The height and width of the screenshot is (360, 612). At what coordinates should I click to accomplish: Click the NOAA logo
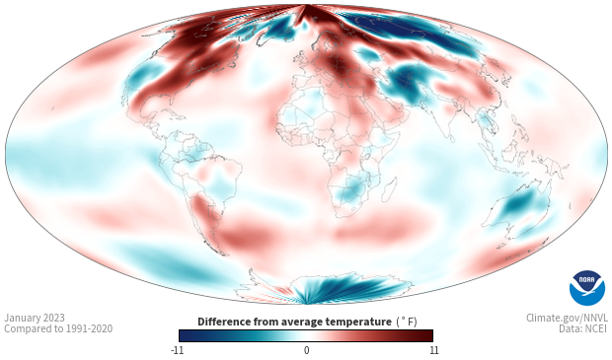pyautogui.click(x=587, y=288)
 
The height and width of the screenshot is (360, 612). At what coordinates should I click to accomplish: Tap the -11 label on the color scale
pyautogui.click(x=178, y=350)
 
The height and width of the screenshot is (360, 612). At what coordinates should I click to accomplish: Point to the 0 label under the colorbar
pyautogui.click(x=306, y=350)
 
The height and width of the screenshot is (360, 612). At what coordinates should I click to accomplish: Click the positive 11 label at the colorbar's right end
pyautogui.click(x=433, y=350)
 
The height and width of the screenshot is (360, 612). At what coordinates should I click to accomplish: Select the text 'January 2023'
pyautogui.click(x=35, y=318)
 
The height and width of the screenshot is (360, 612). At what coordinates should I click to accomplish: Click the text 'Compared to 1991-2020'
pyautogui.click(x=58, y=328)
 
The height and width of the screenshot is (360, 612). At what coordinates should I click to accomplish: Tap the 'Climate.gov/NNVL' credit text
pyautogui.click(x=567, y=318)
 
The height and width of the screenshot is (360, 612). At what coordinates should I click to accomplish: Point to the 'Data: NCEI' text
pyautogui.click(x=582, y=328)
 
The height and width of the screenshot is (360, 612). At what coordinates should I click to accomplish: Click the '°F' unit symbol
pyautogui.click(x=408, y=322)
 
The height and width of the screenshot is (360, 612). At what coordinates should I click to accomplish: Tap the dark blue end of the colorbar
pyautogui.click(x=186, y=335)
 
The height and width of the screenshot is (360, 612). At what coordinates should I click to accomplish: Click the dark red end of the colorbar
pyautogui.click(x=426, y=335)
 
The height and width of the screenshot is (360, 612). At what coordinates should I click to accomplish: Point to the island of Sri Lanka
pyautogui.click(x=452, y=138)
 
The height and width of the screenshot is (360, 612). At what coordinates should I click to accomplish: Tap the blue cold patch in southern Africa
pyautogui.click(x=352, y=189)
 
